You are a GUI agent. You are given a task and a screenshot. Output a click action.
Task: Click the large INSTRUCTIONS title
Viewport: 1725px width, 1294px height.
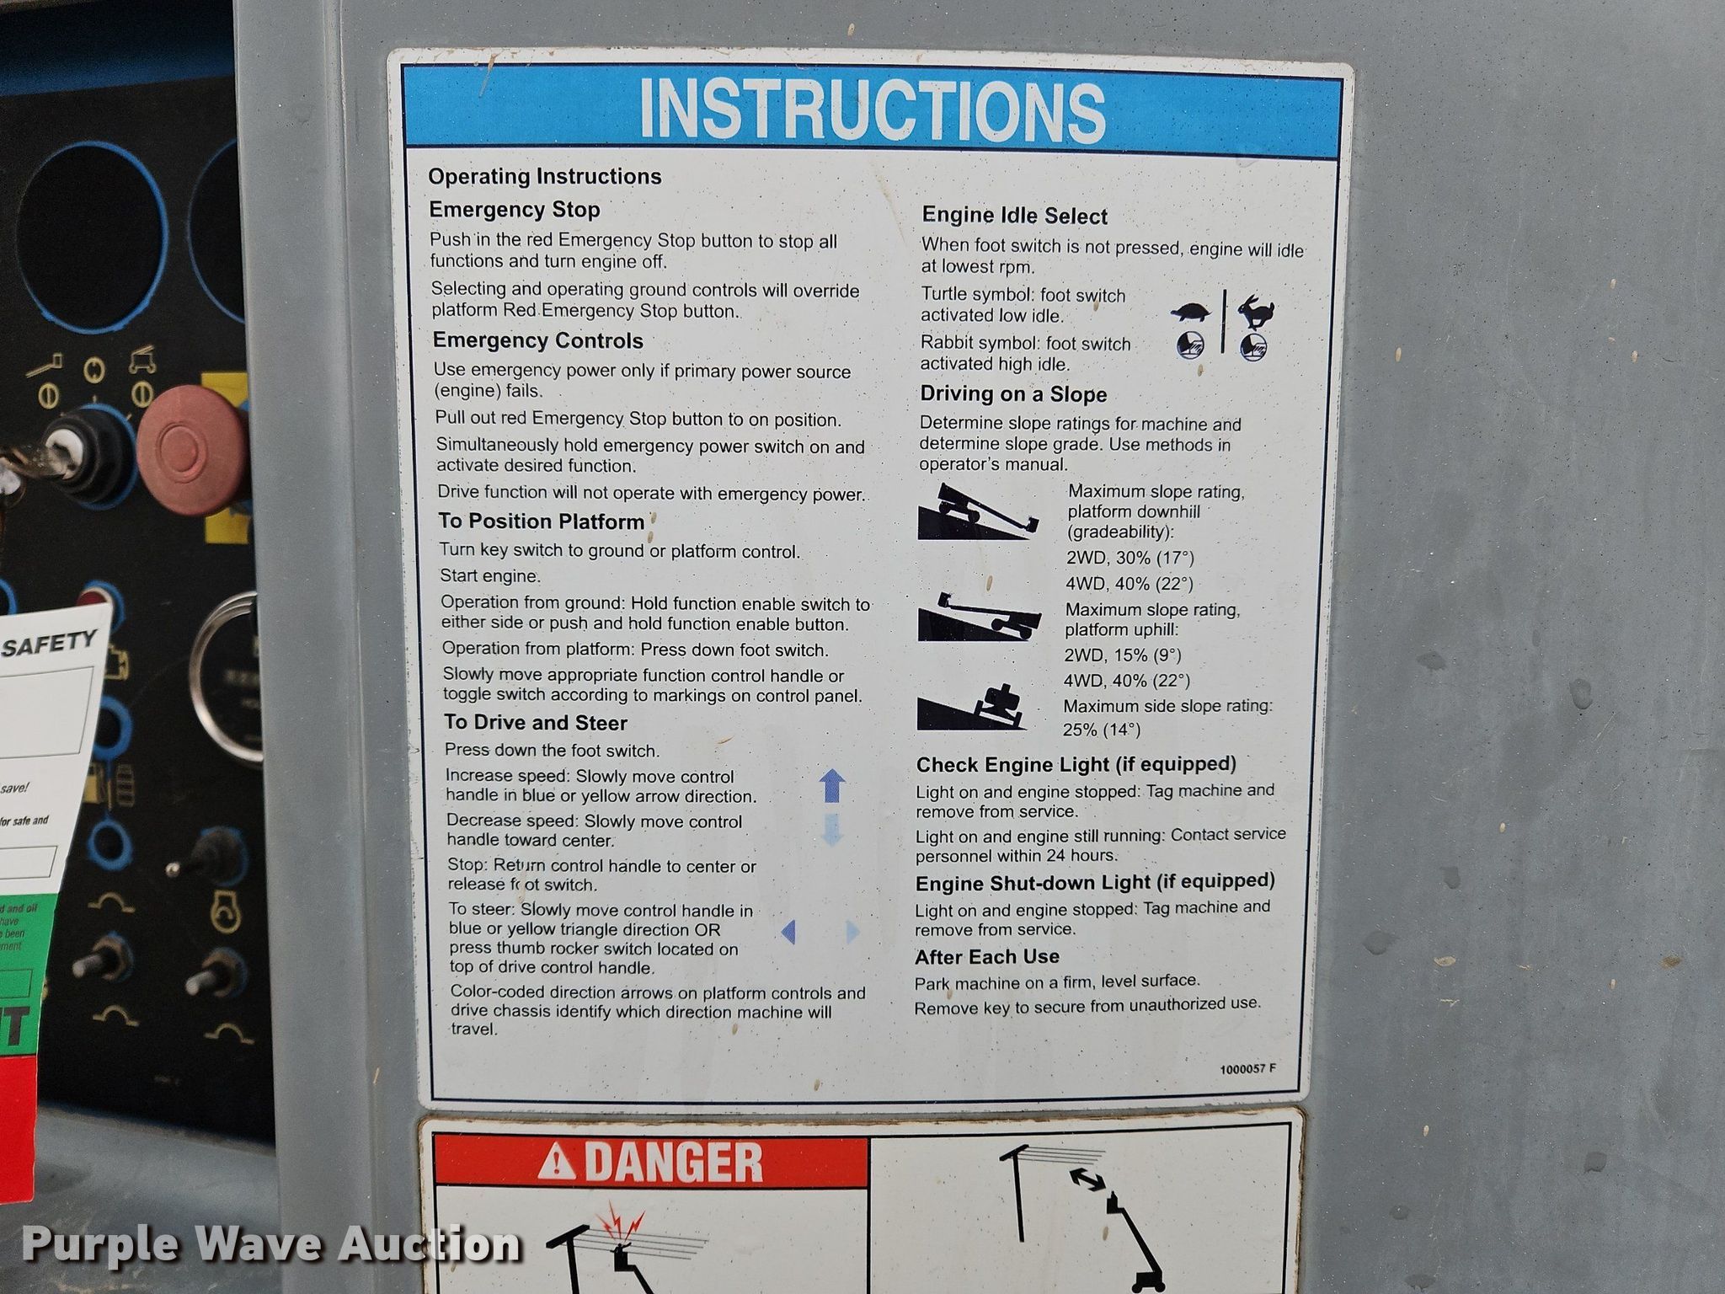pyautogui.click(x=872, y=110)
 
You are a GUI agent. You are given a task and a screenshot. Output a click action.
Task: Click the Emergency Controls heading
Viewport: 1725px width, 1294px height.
pyautogui.click(x=537, y=340)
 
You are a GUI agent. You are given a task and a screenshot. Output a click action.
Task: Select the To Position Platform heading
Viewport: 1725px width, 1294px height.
pyautogui.click(x=541, y=521)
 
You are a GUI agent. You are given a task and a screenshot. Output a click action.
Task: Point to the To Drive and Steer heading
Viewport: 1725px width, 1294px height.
pyautogui.click(x=536, y=723)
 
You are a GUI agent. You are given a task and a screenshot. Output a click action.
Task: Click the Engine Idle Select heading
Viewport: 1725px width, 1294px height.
pyautogui.click(x=1014, y=217)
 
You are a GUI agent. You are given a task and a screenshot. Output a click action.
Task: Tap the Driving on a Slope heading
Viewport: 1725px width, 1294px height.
pyautogui.click(x=1013, y=394)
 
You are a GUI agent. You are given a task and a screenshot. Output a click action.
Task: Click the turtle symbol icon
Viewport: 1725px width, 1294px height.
pyautogui.click(x=1191, y=312)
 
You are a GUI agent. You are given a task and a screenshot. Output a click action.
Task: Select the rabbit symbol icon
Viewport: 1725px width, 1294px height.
pyautogui.click(x=1256, y=311)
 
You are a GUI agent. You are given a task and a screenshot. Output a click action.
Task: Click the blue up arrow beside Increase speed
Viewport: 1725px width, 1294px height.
pyautogui.click(x=832, y=786)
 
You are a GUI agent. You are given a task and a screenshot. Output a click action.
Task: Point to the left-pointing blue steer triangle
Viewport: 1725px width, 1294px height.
pyautogui.click(x=788, y=932)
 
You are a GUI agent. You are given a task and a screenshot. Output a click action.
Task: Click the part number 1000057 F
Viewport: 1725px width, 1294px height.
pyautogui.click(x=1247, y=1069)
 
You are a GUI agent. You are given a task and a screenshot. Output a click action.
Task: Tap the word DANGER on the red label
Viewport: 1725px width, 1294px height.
pyautogui.click(x=673, y=1163)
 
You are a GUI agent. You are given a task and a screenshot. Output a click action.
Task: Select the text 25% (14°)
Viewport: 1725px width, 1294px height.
pyautogui.click(x=1101, y=730)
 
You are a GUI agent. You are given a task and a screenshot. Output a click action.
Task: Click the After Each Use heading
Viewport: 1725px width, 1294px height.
pyautogui.click(x=987, y=957)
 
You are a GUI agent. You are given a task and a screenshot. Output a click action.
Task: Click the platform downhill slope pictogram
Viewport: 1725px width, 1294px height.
pyautogui.click(x=978, y=511)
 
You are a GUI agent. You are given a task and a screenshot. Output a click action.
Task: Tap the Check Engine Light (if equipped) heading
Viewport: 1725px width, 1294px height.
pyautogui.click(x=1076, y=765)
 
